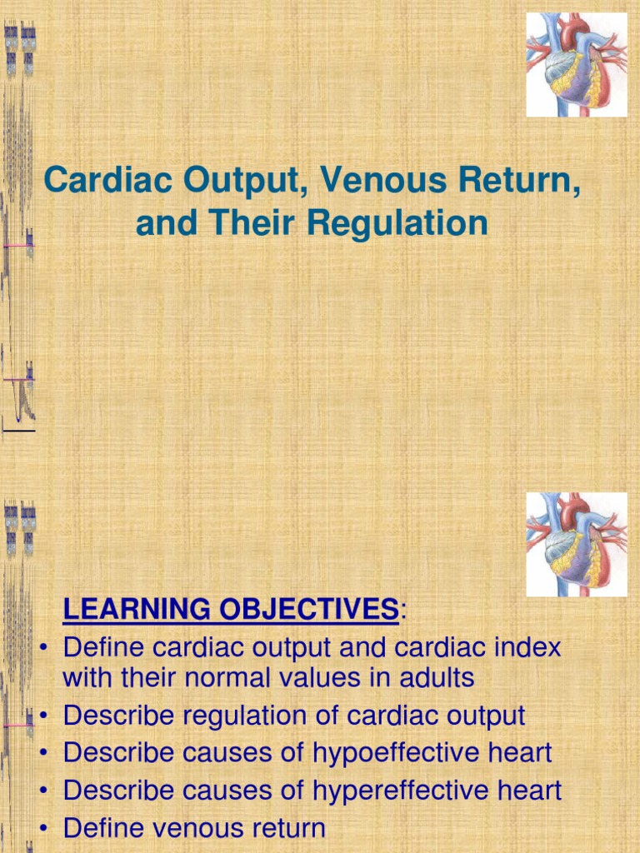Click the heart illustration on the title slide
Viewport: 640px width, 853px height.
click(x=576, y=65)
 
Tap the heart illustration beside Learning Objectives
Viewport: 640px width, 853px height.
click(x=576, y=544)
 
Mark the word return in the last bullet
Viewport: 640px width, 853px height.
click(x=282, y=828)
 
